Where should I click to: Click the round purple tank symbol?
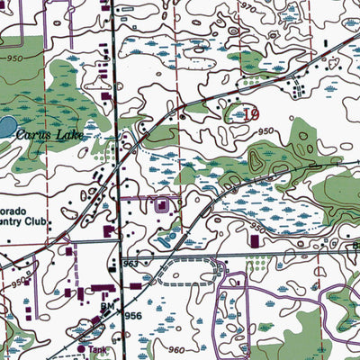[x=81, y=347]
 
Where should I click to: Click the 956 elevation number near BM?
[x=132, y=319]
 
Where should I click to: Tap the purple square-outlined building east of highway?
[x=161, y=206]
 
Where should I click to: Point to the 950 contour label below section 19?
[x=264, y=131]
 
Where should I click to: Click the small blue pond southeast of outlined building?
[x=168, y=236]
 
